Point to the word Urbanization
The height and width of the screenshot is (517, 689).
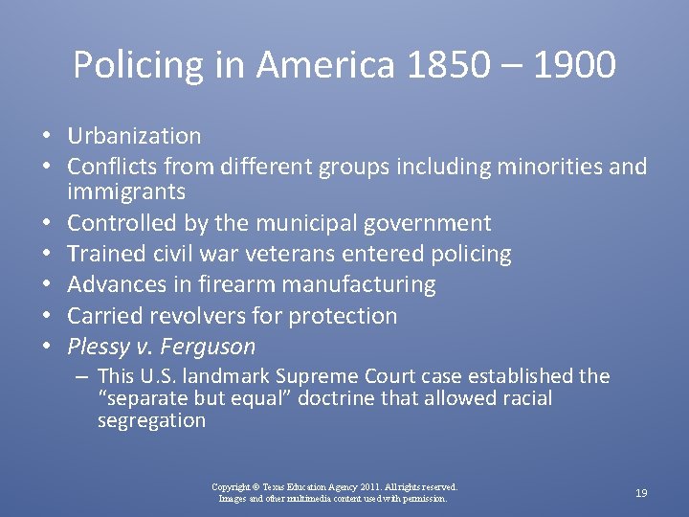[134, 136]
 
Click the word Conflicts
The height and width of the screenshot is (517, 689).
[109, 167]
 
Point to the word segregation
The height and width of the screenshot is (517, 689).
[151, 420]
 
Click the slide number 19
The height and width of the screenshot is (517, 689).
[641, 493]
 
